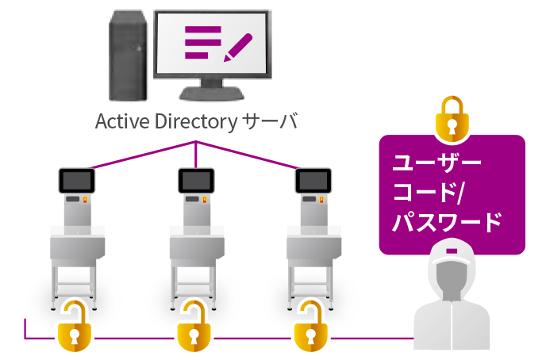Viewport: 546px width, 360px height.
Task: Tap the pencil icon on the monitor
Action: pyautogui.click(x=238, y=46)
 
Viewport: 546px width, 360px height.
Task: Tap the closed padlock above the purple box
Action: pyautogui.click(x=452, y=118)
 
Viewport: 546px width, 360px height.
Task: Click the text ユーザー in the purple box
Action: pyautogui.click(x=437, y=163)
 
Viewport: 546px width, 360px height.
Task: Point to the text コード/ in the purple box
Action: pyautogui.click(x=429, y=192)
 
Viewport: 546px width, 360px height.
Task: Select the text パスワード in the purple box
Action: pyautogui.click(x=448, y=221)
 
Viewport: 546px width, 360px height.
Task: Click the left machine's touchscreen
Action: pyautogui.click(x=78, y=181)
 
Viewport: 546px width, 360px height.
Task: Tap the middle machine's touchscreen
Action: pyautogui.click(x=197, y=181)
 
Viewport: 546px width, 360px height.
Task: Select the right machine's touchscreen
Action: pyautogui.click(x=314, y=181)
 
